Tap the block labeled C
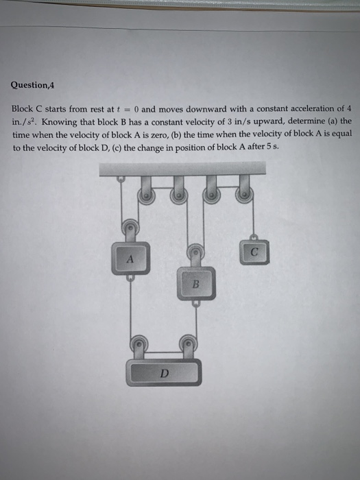pyautogui.click(x=254, y=252)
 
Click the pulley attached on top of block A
pyautogui.click(x=128, y=228)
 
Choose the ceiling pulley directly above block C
pyautogui.click(x=242, y=195)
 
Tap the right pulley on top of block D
pyautogui.click(x=187, y=341)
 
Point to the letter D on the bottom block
pyautogui.click(x=163, y=374)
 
